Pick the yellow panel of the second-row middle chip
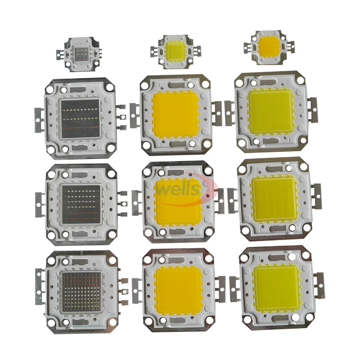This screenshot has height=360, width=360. point(176,113)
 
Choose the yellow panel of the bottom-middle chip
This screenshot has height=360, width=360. point(179,290)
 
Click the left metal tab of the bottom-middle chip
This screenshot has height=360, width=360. point(137,291)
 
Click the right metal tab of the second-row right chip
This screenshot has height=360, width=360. point(312,109)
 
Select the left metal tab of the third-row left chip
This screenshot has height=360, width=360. point(39,205)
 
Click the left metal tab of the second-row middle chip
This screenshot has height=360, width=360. point(134,115)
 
